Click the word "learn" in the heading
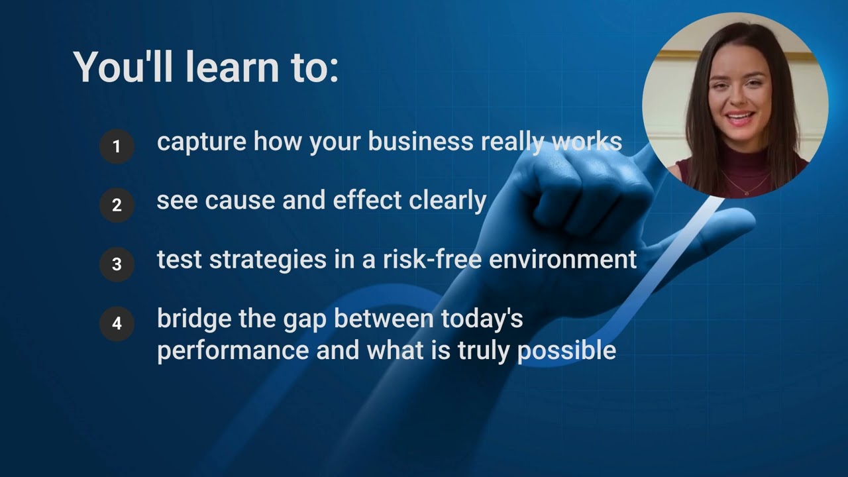pyautogui.click(x=233, y=66)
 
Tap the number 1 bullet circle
pyautogui.click(x=117, y=146)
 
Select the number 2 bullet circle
pyautogui.click(x=117, y=205)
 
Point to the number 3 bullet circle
pyautogui.click(x=117, y=264)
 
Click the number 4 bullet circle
pyautogui.click(x=117, y=323)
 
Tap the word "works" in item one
pyautogui.click(x=587, y=142)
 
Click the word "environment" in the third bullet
pyautogui.click(x=562, y=260)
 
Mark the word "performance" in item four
pyautogui.click(x=233, y=350)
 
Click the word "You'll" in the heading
pyautogui.click(x=124, y=66)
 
